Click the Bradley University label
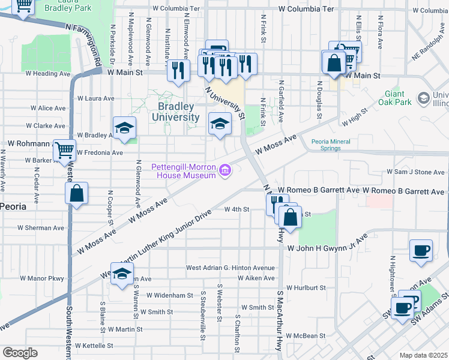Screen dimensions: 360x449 [178, 112]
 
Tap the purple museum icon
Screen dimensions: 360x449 [225, 170]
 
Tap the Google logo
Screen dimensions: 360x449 [20, 352]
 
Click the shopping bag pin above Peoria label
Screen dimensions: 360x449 [77, 194]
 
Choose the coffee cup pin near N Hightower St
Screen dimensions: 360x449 [421, 250]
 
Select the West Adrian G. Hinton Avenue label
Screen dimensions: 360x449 [230, 268]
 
